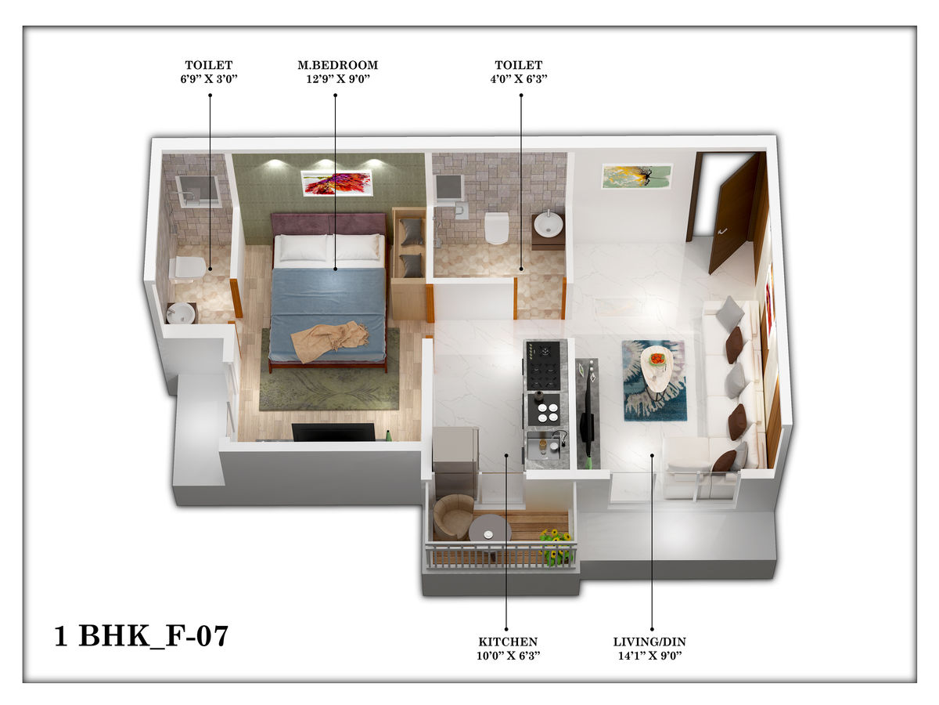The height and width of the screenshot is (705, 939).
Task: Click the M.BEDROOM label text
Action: [x=337, y=65]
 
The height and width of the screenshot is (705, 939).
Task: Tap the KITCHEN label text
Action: [x=508, y=642]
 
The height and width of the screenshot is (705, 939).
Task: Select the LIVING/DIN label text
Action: [x=649, y=642]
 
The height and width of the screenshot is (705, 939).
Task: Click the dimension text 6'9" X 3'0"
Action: [x=209, y=79]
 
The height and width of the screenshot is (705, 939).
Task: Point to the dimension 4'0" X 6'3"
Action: [x=519, y=79]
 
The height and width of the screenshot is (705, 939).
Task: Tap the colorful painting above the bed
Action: [x=336, y=183]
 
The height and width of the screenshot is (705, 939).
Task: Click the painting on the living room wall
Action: [x=637, y=176]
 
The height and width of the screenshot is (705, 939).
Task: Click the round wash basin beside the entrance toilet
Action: [x=548, y=223]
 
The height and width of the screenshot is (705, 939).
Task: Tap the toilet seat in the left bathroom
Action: [x=186, y=268]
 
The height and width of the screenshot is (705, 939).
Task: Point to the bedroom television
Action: [x=333, y=432]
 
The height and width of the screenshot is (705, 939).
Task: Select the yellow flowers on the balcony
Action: [x=556, y=546]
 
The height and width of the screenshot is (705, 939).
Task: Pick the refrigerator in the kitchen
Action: [x=455, y=461]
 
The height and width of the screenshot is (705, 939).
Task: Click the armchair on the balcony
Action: [x=452, y=517]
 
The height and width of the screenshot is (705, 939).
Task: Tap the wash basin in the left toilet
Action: [x=181, y=313]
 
